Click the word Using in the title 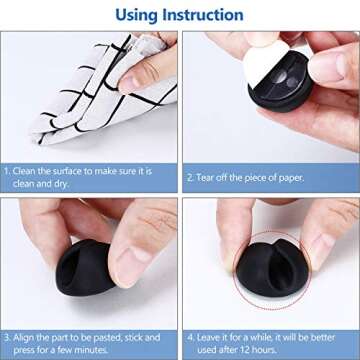click(x=138, y=15)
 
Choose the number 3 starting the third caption click(x=8, y=322)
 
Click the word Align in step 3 click(x=27, y=322)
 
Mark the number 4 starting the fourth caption click(x=190, y=322)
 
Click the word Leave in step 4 click(x=211, y=322)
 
